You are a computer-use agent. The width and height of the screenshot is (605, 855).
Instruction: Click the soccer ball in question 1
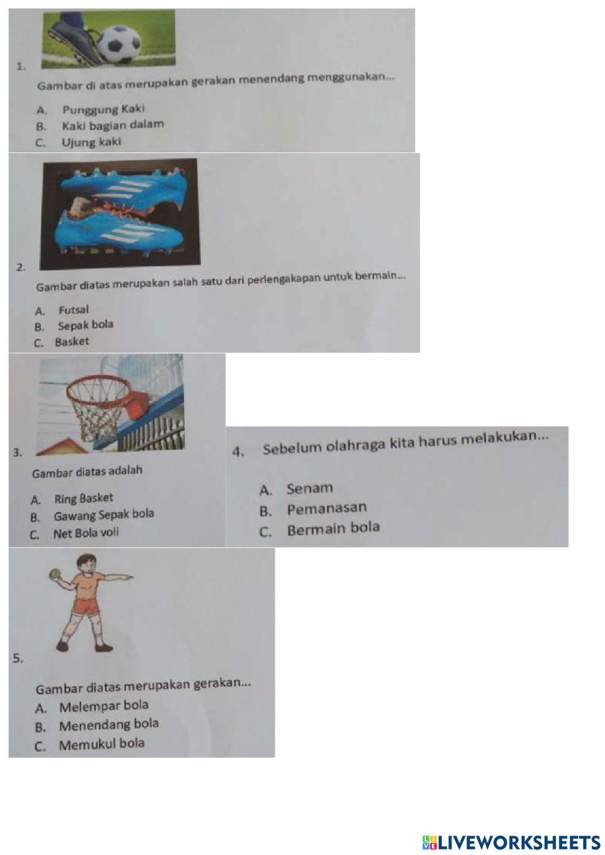[119, 44]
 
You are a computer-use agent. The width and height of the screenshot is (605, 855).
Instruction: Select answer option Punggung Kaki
[103, 110]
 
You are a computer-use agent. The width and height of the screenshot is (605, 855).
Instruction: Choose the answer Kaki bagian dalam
[113, 125]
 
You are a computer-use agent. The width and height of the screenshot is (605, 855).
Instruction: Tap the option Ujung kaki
[91, 142]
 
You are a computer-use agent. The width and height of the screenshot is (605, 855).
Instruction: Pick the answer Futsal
[73, 310]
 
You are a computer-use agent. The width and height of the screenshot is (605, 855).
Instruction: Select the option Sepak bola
[85, 325]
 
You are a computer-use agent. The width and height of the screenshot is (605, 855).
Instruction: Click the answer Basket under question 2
[71, 342]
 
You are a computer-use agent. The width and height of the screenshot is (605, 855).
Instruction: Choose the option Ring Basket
[83, 499]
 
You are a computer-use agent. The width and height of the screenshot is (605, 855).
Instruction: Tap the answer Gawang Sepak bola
[103, 515]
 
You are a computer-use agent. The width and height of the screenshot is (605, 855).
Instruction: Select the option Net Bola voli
[86, 533]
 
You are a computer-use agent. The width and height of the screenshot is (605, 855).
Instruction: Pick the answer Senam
[310, 488]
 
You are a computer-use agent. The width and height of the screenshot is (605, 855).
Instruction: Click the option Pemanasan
[327, 509]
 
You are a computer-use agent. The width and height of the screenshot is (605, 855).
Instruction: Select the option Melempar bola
[103, 706]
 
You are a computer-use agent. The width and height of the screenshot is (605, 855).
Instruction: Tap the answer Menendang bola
[109, 724]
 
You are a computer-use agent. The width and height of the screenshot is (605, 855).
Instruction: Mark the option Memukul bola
[102, 744]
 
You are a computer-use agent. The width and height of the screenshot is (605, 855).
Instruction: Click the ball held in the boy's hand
[54, 573]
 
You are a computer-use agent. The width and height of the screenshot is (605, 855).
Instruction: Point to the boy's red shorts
[87, 606]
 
